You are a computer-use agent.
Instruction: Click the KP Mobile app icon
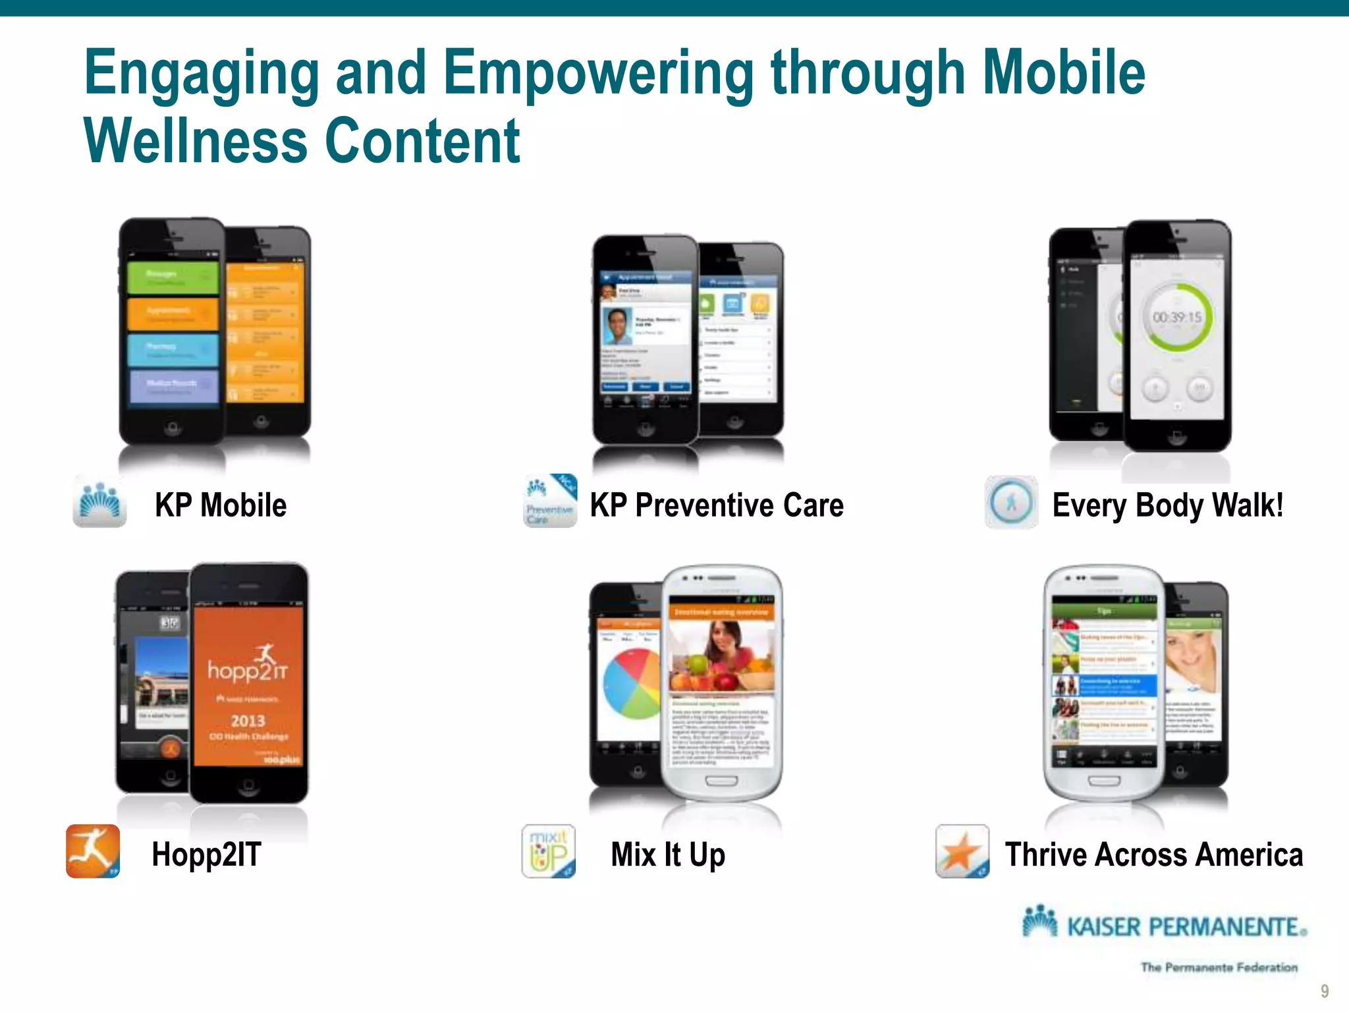[99, 502]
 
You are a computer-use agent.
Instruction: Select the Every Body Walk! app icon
[1011, 503]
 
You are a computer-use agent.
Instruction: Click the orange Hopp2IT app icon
[93, 851]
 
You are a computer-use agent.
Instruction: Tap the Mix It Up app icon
[549, 851]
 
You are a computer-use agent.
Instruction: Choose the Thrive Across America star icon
[962, 851]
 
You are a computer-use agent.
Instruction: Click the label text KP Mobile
[221, 505]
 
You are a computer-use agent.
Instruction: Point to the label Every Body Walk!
[1167, 505]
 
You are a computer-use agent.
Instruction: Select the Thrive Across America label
[1153, 855]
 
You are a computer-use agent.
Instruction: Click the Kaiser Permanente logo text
[1186, 926]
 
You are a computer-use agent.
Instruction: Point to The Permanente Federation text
[1219, 967]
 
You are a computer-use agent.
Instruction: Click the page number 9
[1325, 991]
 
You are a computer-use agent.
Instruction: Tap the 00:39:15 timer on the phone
[1177, 318]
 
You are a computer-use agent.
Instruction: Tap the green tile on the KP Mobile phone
[172, 277]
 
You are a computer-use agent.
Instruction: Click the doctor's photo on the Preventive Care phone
[617, 325]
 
